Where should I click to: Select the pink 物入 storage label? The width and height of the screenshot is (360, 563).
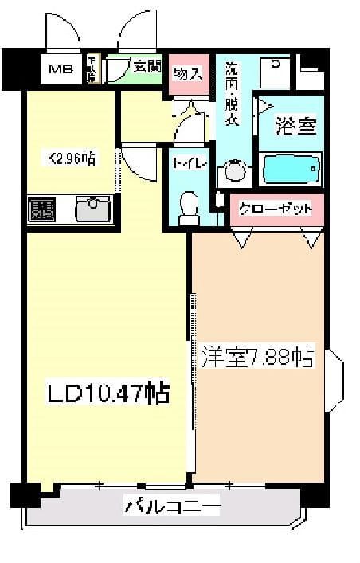tap(188, 74)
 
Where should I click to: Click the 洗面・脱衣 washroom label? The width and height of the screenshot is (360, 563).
tap(232, 93)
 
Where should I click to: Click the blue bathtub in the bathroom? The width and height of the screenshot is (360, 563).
tap(292, 168)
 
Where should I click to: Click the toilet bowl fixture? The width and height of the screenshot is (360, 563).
tap(189, 205)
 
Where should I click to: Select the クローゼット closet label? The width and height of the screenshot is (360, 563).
tap(276, 209)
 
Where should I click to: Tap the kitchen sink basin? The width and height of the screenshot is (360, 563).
tap(93, 209)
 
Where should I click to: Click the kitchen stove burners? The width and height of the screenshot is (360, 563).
tap(42, 210)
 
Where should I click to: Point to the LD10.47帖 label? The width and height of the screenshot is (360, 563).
tap(107, 393)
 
